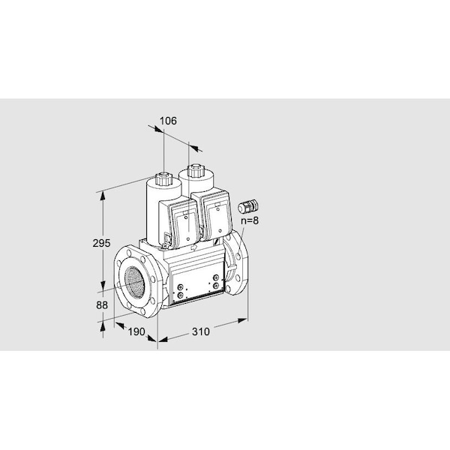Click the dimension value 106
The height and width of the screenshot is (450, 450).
coord(168,121)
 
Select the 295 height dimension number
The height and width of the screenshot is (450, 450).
coord(101,243)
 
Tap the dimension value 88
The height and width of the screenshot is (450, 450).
coord(102,305)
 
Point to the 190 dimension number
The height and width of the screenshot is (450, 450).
coord(136,331)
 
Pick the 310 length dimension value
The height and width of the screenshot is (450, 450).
coord(200,331)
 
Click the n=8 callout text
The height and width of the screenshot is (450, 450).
coord(250,220)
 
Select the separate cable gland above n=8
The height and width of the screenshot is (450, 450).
coord(248,206)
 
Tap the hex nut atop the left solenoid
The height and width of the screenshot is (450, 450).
coord(163,178)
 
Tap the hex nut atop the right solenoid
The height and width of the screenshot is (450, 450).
coord(196,171)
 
